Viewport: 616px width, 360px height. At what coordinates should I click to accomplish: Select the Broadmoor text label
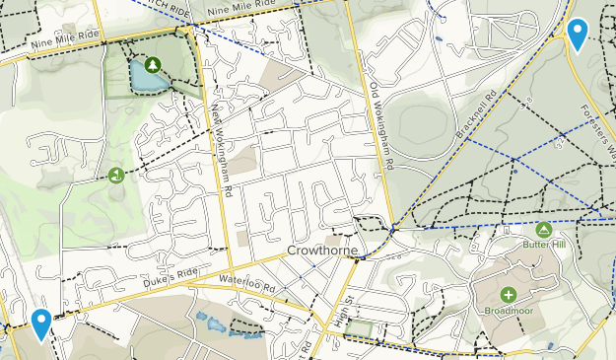(x=509, y=312)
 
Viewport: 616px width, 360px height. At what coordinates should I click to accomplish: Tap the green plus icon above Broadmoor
(x=509, y=294)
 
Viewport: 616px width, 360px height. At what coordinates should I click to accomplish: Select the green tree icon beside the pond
(x=153, y=65)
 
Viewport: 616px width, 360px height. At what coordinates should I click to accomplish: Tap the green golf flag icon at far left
(x=116, y=176)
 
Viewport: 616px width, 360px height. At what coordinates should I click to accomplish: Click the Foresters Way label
(x=597, y=129)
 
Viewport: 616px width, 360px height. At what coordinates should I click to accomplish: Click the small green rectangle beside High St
(x=360, y=328)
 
